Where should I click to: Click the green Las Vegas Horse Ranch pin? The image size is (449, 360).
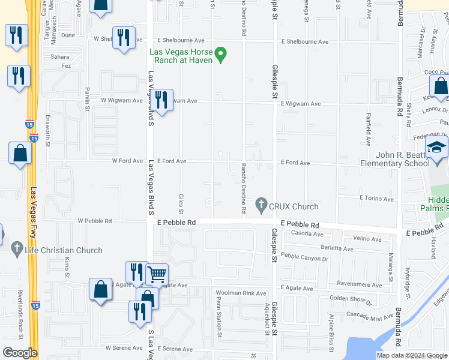[x=221, y=55]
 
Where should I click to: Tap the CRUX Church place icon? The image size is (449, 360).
[x=261, y=206]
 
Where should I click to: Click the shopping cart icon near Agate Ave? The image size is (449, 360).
[x=157, y=274]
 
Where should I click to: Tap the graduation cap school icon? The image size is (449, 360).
[x=437, y=148]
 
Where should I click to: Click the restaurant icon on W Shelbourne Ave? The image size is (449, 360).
[x=124, y=38]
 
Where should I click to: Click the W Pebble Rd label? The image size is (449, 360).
[x=95, y=221]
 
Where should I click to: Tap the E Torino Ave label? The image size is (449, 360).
[x=376, y=199]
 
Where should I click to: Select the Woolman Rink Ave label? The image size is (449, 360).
[x=241, y=293]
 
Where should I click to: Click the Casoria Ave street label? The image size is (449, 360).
[x=307, y=233]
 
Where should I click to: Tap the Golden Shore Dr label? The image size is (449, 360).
[x=351, y=298]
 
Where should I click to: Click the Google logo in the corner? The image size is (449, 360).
[x=19, y=353]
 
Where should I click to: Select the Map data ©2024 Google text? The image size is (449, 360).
[x=411, y=355]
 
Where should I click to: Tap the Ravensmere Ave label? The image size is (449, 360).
[x=360, y=285]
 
